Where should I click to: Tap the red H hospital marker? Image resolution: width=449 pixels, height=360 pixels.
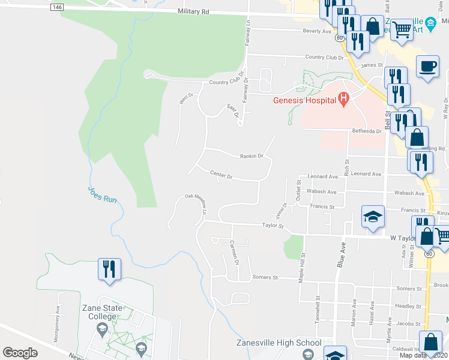(x=343, y=99)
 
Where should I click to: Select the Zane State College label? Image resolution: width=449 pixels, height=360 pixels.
(x=102, y=313)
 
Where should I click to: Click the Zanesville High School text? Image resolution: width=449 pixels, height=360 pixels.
(x=278, y=343)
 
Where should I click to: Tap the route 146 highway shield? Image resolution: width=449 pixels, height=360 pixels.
(x=56, y=7)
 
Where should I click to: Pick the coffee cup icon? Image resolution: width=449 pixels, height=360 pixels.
(x=427, y=66)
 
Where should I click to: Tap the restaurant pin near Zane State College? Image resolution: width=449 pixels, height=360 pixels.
(x=110, y=268)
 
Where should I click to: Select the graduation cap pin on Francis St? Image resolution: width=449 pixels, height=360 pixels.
(x=373, y=217)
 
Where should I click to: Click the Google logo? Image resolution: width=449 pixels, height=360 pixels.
(x=20, y=352)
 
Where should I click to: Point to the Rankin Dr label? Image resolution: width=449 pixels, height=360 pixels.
(x=252, y=156)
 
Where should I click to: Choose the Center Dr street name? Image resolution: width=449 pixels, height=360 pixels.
(x=221, y=175)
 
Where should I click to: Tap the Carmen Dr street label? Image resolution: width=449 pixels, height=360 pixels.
(x=235, y=253)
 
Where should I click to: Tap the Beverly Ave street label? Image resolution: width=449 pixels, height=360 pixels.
(x=318, y=31)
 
